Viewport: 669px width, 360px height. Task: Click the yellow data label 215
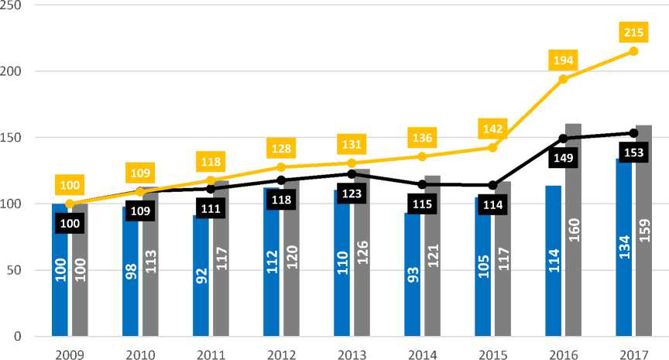pyautogui.click(x=633, y=32)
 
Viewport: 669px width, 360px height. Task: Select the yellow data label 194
pyautogui.click(x=563, y=60)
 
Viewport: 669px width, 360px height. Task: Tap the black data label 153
pyautogui.click(x=633, y=152)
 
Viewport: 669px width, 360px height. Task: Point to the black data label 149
pyautogui.click(x=563, y=158)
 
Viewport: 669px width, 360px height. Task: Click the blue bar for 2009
pyautogui.click(x=59, y=271)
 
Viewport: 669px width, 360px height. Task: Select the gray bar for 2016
pyautogui.click(x=573, y=232)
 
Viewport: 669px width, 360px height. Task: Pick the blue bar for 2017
pyautogui.click(x=623, y=248)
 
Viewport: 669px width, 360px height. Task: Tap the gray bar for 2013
pyautogui.click(x=362, y=255)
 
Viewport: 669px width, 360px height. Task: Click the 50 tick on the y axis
pyautogui.click(x=15, y=270)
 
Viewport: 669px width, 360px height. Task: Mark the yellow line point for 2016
pyautogui.click(x=563, y=79)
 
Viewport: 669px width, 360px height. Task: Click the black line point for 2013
pyautogui.click(x=352, y=173)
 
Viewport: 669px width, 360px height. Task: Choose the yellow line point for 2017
pyautogui.click(x=633, y=51)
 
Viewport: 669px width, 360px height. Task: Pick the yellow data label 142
pyautogui.click(x=492, y=128)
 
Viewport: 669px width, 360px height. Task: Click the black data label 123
pyautogui.click(x=352, y=194)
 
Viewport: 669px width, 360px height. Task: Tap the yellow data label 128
pyautogui.click(x=281, y=148)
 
